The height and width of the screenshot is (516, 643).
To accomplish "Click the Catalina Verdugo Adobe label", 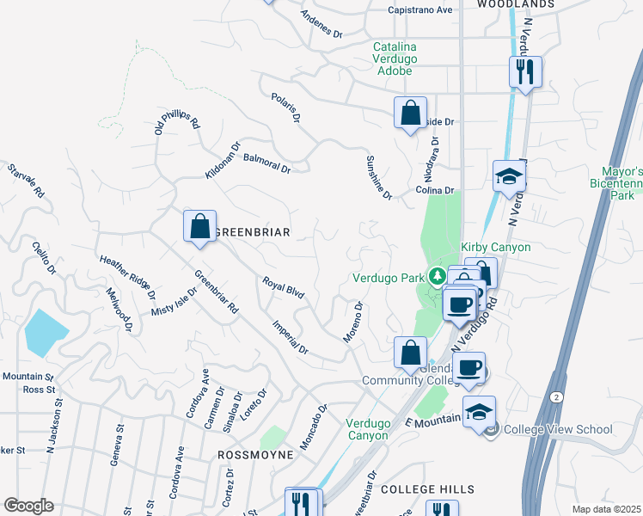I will (407, 58).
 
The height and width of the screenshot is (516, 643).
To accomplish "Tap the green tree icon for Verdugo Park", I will (438, 276).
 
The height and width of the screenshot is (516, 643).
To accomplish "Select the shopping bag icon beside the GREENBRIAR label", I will (199, 228).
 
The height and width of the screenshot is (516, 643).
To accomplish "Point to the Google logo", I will (28, 506).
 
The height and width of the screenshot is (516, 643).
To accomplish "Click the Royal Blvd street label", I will (284, 288).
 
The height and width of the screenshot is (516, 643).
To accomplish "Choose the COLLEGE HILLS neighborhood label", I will (427, 488).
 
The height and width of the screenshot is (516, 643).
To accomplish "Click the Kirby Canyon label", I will (496, 247).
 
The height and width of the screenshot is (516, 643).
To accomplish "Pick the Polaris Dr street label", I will (285, 107).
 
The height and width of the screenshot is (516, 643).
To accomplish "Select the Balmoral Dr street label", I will (267, 163).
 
